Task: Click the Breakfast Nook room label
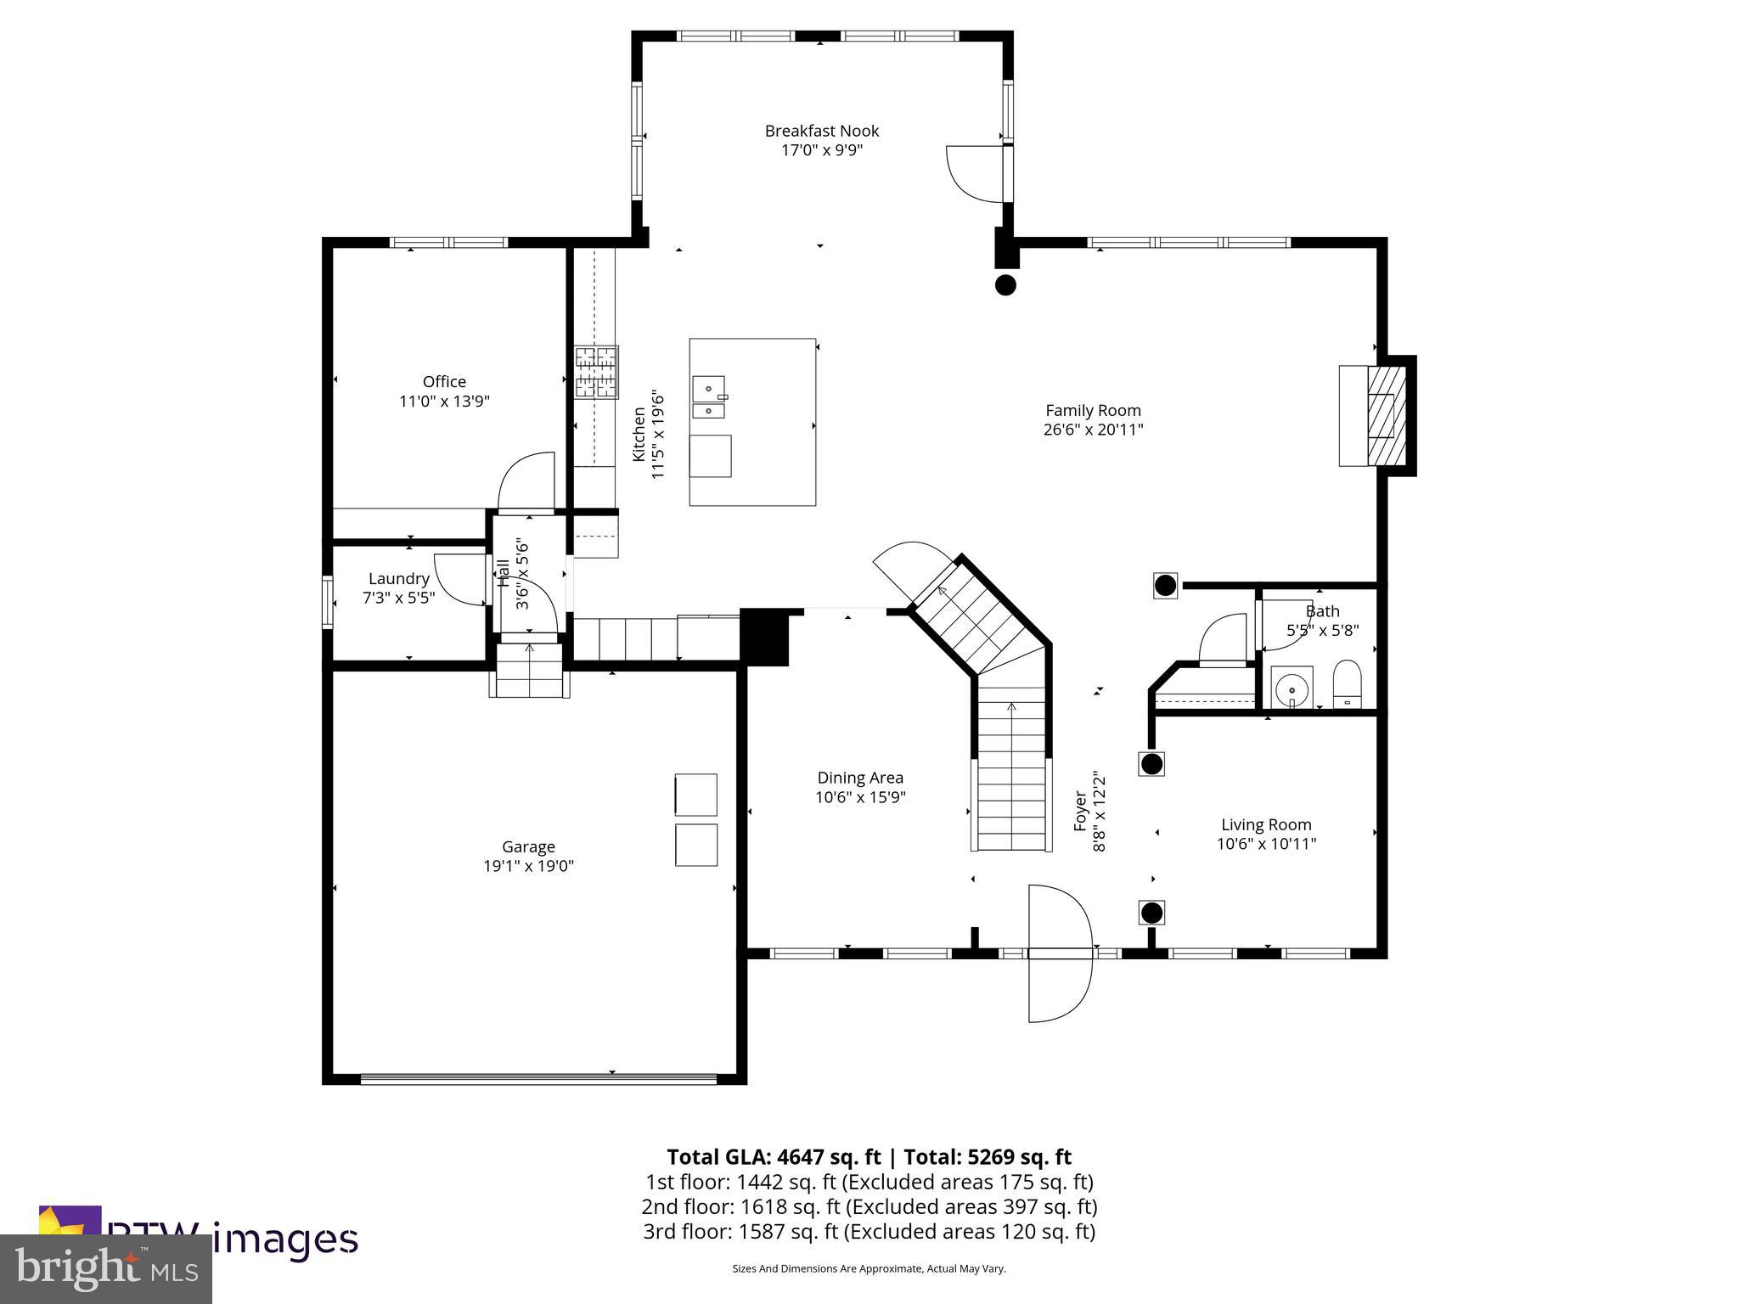click(821, 131)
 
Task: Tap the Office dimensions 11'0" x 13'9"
click(444, 402)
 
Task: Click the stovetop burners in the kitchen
click(596, 372)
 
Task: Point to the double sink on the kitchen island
click(709, 398)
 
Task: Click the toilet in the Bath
click(1347, 683)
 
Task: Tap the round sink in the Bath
click(1292, 688)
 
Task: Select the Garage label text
click(528, 846)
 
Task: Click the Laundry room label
click(398, 579)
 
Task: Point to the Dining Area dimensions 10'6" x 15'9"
click(860, 797)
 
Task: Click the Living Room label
click(1266, 824)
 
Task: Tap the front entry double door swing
click(1058, 953)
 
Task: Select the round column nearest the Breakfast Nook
click(1005, 285)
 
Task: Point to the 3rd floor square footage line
click(869, 1231)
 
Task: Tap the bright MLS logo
click(106, 1268)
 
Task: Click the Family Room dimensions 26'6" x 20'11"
click(1093, 430)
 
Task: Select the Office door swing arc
click(525, 482)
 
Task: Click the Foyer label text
click(1080, 811)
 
